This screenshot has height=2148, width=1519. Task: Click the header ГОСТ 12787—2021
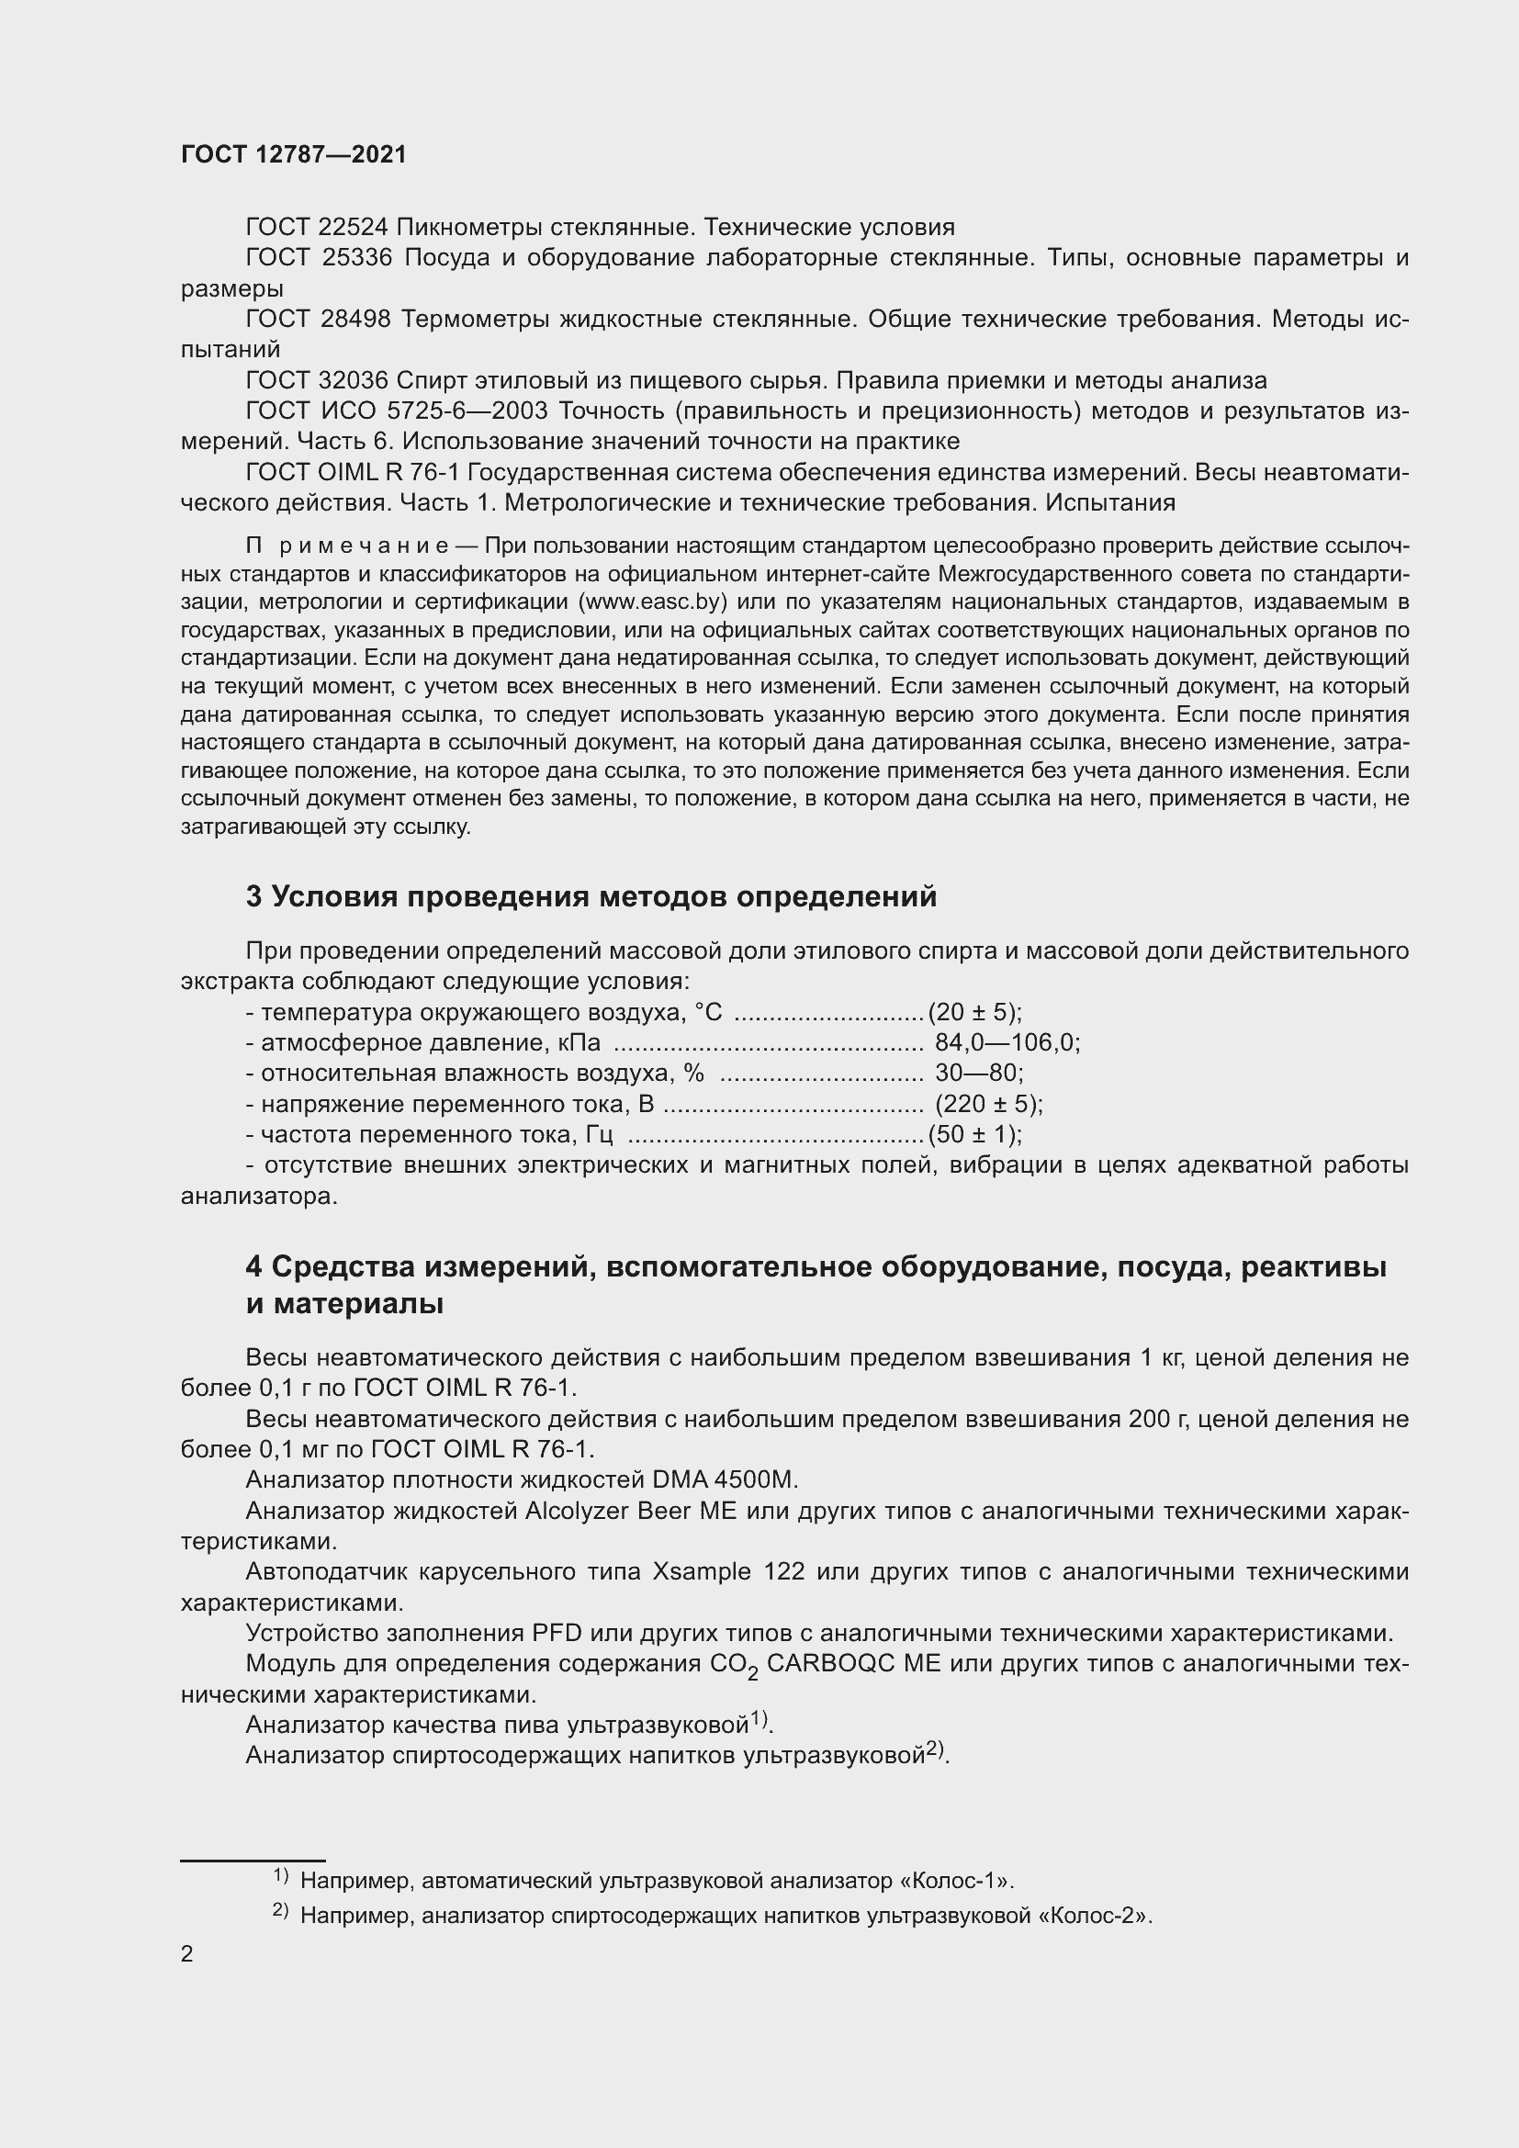294,154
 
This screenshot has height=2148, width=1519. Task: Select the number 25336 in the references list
356,258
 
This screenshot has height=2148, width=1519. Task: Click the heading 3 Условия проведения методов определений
591,897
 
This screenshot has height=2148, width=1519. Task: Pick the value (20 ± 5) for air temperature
973,1012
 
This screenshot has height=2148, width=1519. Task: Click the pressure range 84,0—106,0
1007,1043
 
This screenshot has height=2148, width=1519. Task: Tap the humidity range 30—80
977,1073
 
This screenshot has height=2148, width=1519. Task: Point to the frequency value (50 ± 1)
973,1135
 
